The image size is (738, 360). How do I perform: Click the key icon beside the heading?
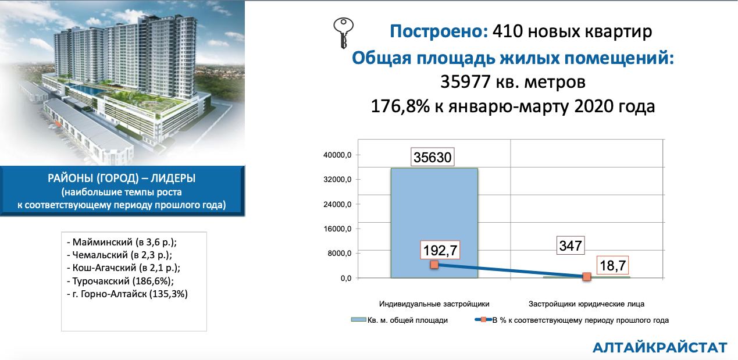[x=343, y=33]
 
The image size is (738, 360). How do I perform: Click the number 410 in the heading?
[x=507, y=31]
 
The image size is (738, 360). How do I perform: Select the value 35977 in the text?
[x=465, y=81]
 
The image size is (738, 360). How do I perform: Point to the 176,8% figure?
[x=400, y=106]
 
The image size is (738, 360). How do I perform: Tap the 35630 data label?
[x=432, y=157]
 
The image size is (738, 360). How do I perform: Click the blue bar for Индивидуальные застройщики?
[x=434, y=223]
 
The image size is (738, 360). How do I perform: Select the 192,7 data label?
[x=440, y=250]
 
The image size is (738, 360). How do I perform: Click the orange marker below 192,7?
[x=434, y=265]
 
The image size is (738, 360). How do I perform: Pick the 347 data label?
[x=571, y=245]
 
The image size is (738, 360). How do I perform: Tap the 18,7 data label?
[x=612, y=265]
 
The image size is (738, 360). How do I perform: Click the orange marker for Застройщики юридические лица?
[x=586, y=277]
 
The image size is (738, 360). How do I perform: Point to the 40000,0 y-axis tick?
[x=337, y=155]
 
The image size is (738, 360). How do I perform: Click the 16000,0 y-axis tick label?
[x=337, y=229]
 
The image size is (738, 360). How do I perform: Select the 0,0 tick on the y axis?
[x=346, y=279]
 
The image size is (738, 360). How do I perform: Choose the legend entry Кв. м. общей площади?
[x=400, y=320]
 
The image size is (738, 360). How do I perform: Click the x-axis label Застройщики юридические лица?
[x=586, y=304]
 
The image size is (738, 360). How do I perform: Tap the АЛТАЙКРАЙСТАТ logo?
[x=659, y=347]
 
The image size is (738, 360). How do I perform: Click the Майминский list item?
[x=122, y=242]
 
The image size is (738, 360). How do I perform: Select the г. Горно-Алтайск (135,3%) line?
[x=127, y=294]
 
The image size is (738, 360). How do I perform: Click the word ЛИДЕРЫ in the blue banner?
[x=173, y=178]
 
